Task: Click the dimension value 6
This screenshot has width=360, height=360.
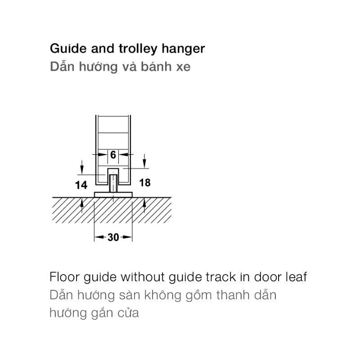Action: [x=113, y=155]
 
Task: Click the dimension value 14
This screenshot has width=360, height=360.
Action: [x=81, y=185]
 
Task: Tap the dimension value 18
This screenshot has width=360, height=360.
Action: [x=145, y=183]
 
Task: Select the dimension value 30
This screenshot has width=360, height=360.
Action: [x=113, y=237]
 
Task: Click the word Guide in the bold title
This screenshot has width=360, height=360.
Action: [x=68, y=49]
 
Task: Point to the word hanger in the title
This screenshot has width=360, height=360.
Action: [x=183, y=49]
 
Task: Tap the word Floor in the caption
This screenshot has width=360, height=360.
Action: [x=64, y=277]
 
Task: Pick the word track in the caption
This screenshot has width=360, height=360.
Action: [x=220, y=277]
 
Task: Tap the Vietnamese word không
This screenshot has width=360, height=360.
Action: [x=163, y=296]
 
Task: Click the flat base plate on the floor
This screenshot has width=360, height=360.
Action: [x=113, y=194]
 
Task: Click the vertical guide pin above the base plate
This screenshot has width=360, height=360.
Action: [x=113, y=183]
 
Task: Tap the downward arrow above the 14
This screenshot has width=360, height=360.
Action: [x=82, y=167]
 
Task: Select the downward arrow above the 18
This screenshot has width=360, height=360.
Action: [x=144, y=161]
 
